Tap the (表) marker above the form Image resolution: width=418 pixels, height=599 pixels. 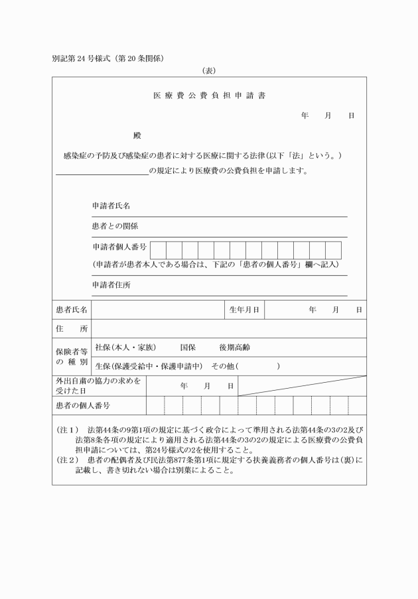(209, 70)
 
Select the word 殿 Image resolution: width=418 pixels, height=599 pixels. (137, 136)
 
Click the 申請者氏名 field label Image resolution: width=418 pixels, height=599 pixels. (111, 206)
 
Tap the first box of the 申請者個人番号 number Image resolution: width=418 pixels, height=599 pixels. (158, 250)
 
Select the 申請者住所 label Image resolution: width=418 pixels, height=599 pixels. (111, 285)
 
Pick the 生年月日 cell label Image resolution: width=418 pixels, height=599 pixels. (244, 310)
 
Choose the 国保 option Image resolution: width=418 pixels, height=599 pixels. (188, 347)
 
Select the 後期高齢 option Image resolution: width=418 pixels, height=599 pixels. (235, 347)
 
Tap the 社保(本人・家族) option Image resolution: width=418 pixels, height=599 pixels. (125, 347)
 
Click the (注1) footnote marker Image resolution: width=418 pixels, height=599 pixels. (68, 430)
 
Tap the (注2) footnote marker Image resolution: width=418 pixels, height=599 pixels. (68, 459)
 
